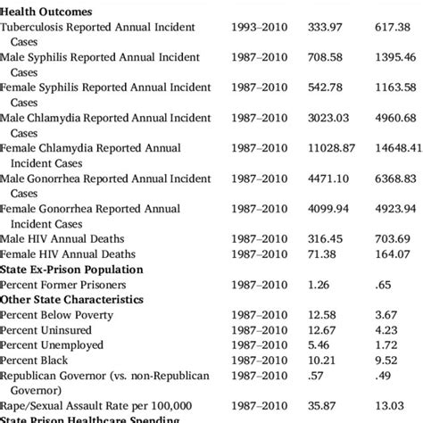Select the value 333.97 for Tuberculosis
(x=328, y=29)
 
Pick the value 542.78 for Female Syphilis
(x=328, y=87)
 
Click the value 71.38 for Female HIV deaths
(x=324, y=253)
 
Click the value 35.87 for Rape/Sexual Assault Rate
(x=324, y=404)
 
